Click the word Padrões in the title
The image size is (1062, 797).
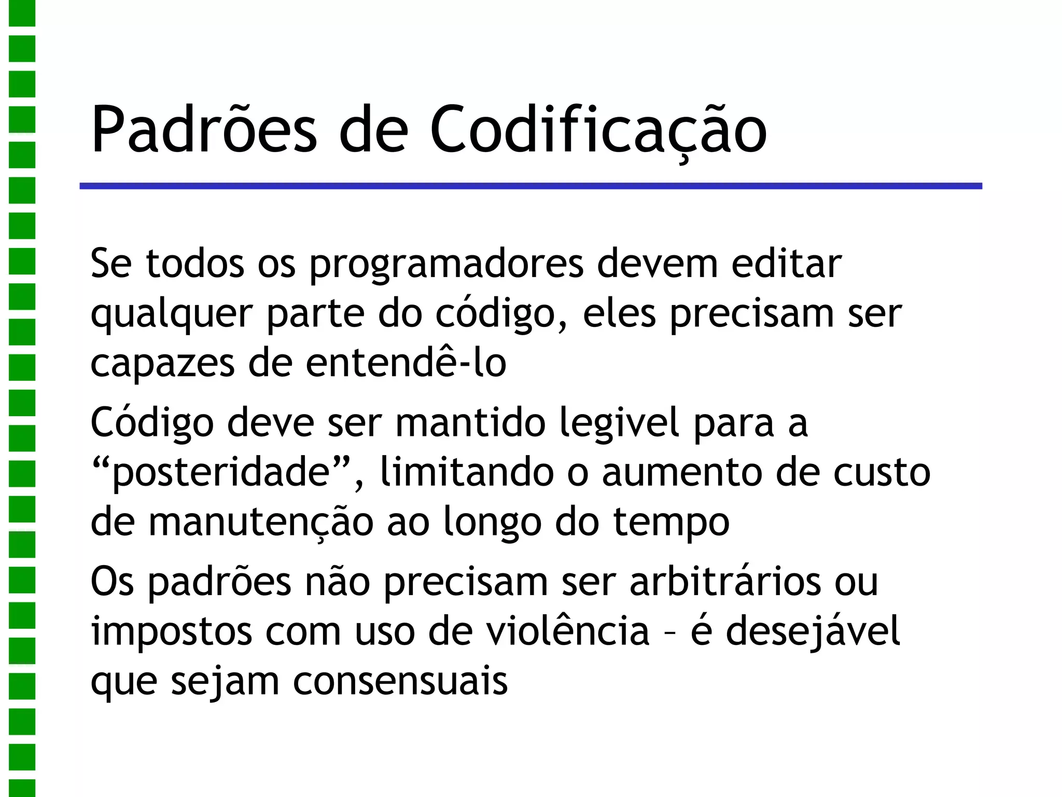tap(203, 130)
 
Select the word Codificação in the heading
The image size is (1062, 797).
tap(598, 130)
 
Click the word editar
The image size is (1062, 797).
tap(786, 264)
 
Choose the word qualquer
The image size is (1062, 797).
tap(172, 314)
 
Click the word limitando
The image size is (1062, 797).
tap(467, 472)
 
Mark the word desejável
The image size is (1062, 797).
tap(812, 632)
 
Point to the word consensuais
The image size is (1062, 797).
tap(400, 681)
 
